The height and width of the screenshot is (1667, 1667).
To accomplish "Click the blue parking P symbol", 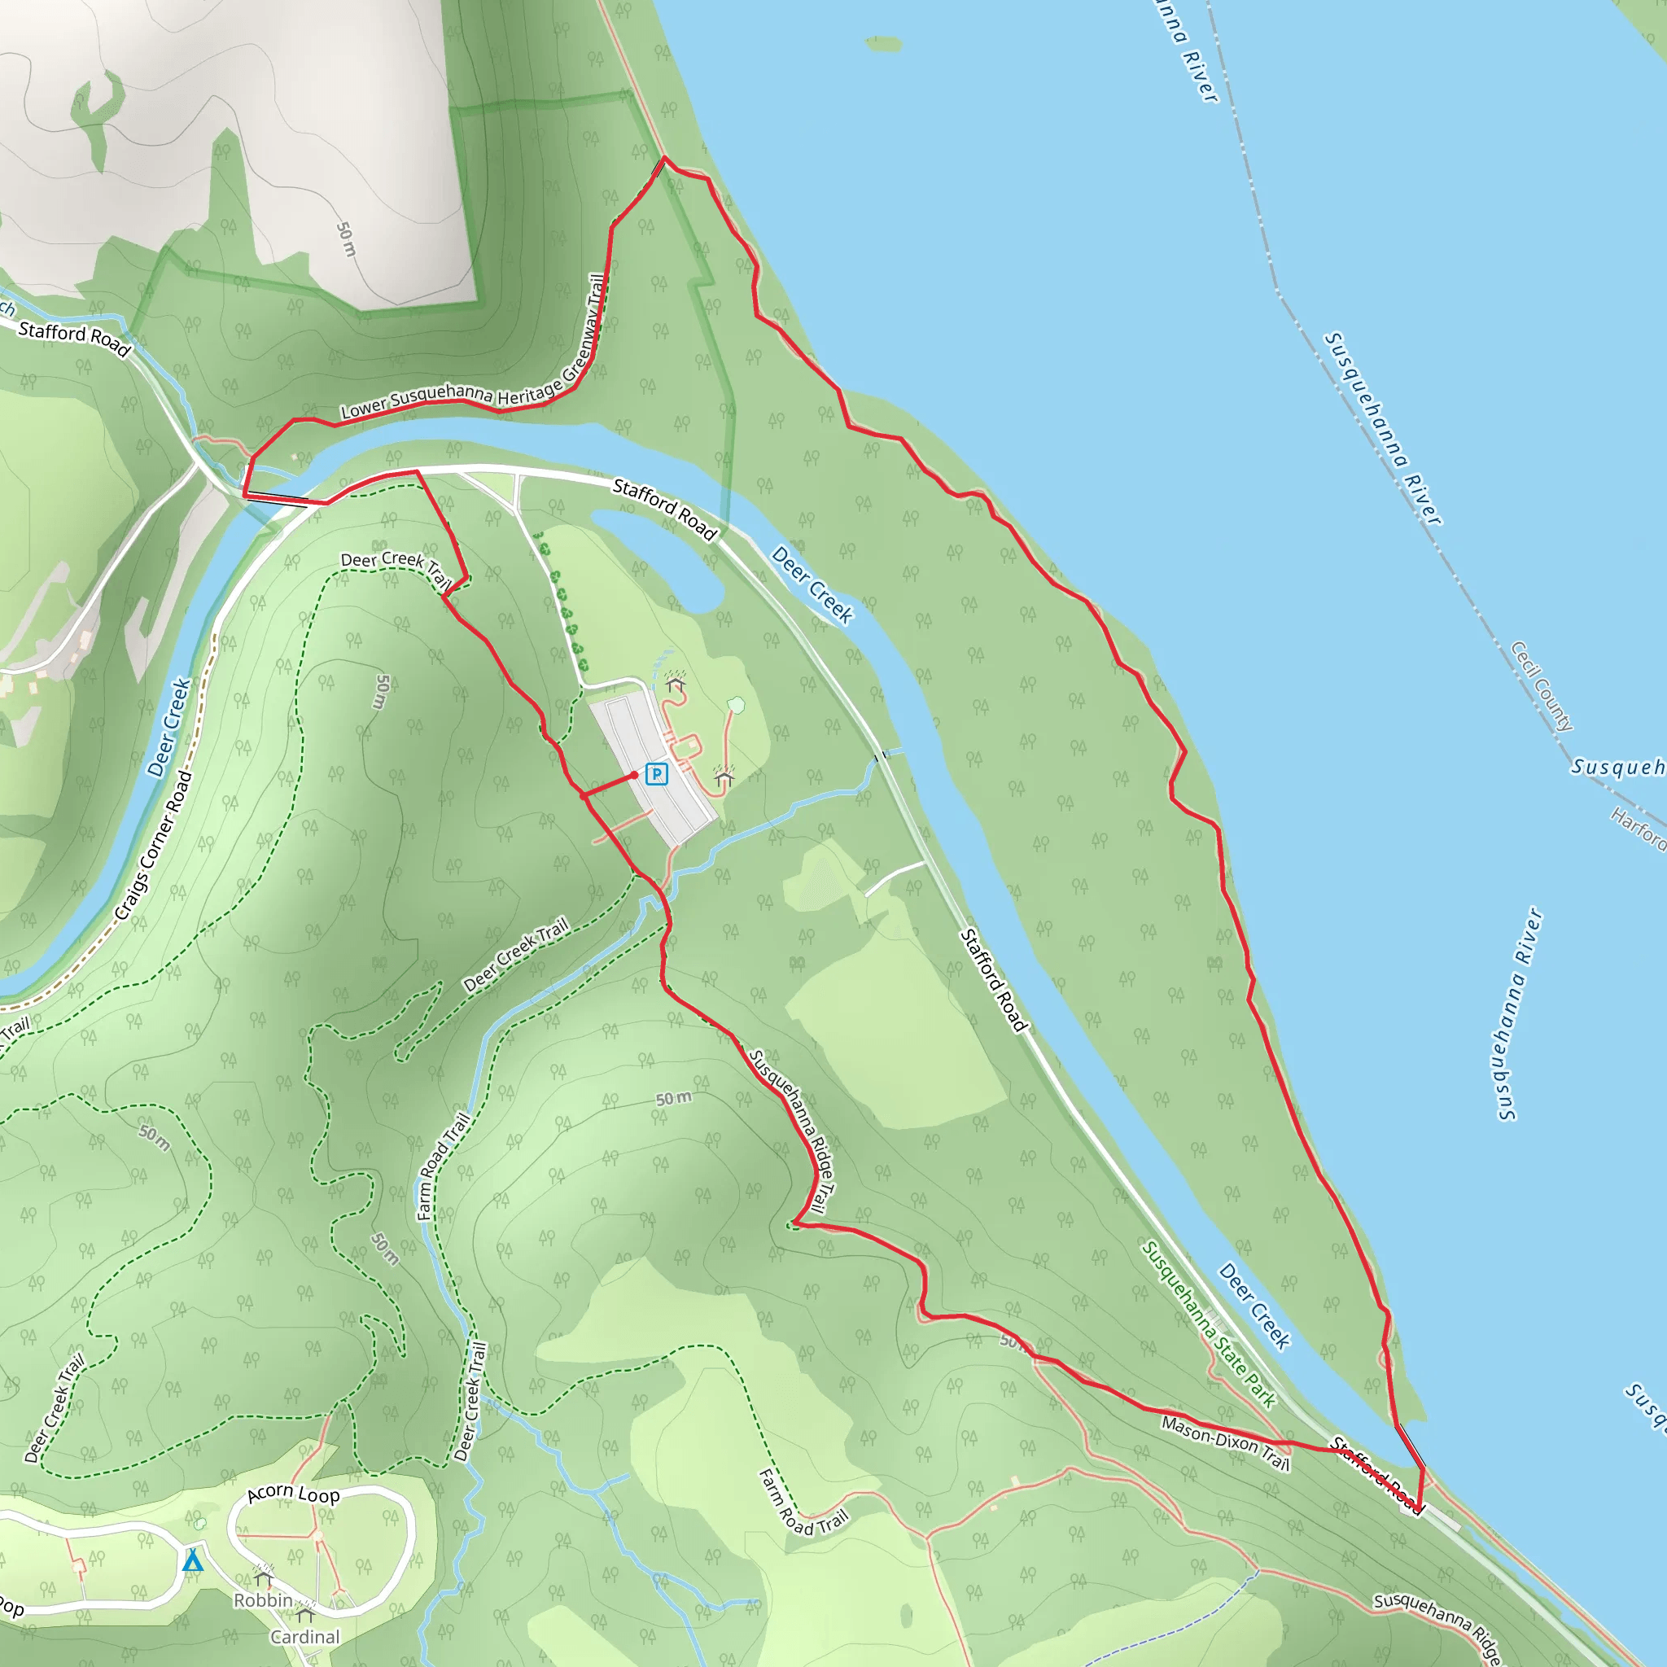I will tap(657, 774).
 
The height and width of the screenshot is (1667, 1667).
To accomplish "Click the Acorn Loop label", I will tap(293, 1494).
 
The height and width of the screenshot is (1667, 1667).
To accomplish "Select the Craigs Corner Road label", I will tap(154, 846).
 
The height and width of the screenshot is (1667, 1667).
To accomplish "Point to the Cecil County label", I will tap(1542, 687).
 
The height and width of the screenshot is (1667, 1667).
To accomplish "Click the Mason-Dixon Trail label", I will tap(1225, 1442).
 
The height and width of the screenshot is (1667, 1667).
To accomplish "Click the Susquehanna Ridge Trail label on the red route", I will tap(793, 1131).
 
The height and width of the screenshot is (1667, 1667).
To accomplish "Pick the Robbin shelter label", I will tap(263, 1600).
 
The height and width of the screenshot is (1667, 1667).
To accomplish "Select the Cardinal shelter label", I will tap(304, 1637).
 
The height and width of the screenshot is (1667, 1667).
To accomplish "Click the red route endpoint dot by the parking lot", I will tap(635, 775).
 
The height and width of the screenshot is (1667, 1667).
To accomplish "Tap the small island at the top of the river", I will tap(882, 43).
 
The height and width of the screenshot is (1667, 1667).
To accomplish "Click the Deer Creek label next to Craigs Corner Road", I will tap(169, 727).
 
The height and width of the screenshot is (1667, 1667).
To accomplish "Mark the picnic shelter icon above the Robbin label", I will tap(263, 1578).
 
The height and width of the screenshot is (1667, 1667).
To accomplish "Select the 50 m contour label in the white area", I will tap(346, 239).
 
